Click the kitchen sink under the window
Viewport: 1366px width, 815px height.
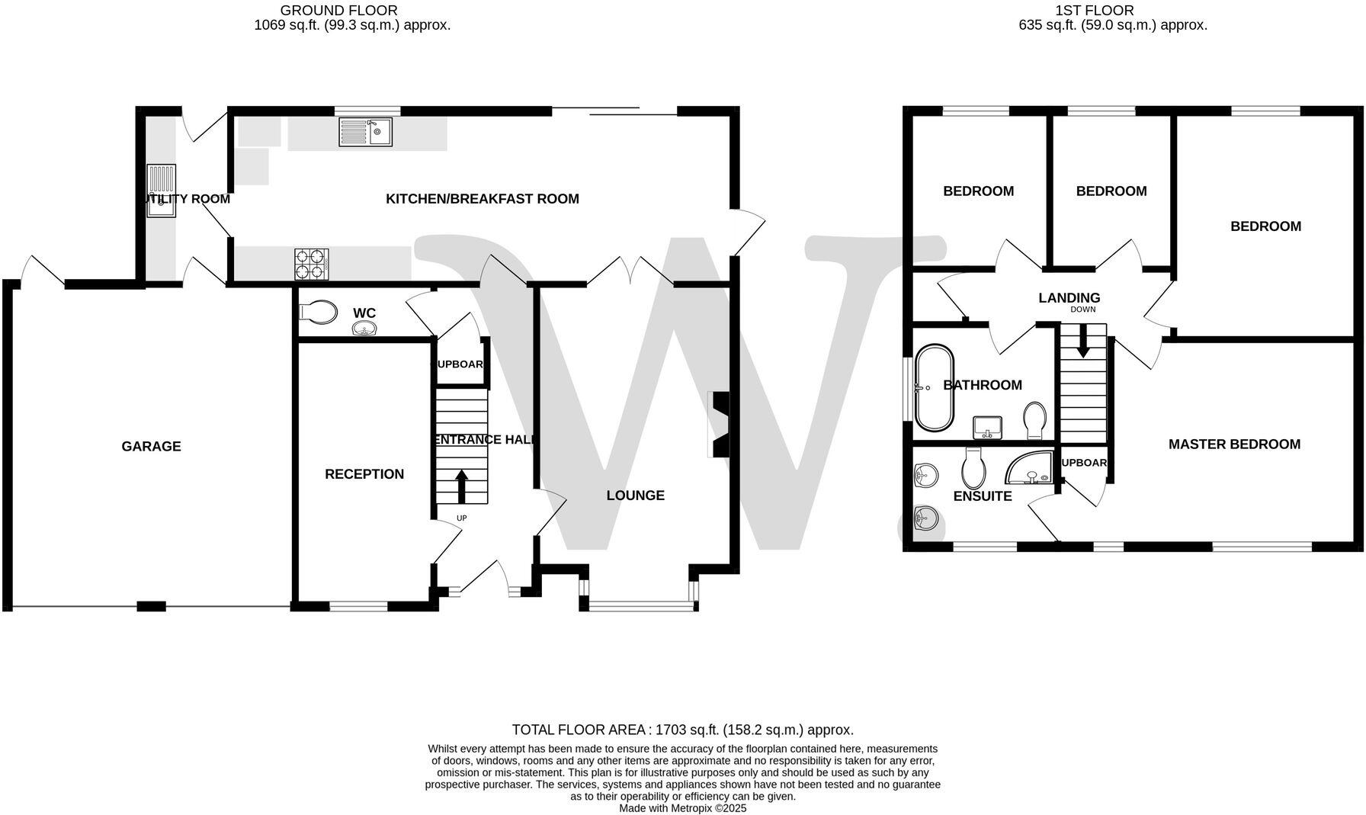[365, 132]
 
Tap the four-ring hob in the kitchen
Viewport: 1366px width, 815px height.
[312, 264]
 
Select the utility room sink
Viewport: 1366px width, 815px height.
[161, 191]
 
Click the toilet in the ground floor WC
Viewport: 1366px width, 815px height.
[319, 312]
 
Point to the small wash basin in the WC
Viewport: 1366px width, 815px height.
[365, 329]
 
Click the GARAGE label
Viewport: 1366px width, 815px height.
[151, 447]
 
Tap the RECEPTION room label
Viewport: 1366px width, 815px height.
[364, 474]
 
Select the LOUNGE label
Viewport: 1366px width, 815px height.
[635, 496]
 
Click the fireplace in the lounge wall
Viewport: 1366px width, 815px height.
[720, 425]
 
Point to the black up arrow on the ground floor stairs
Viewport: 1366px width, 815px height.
[461, 486]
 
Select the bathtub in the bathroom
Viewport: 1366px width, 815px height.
[934, 388]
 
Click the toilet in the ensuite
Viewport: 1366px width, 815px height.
[973, 468]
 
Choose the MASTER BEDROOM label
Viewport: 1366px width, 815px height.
[1234, 444]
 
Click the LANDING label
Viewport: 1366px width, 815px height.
[1069, 298]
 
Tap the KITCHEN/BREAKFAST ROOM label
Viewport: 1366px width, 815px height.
[482, 199]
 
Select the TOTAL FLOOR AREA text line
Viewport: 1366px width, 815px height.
[682, 730]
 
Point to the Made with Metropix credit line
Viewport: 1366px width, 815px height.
[682, 808]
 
